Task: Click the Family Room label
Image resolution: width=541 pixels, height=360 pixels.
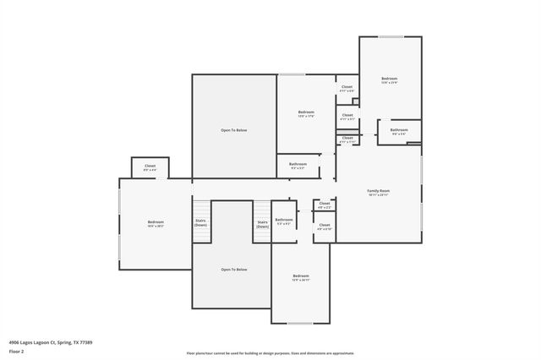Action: pyautogui.click(x=378, y=191)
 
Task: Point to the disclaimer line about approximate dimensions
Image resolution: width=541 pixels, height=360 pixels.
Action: pyautogui.click(x=270, y=352)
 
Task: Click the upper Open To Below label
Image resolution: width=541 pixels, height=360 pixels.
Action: pyautogui.click(x=234, y=130)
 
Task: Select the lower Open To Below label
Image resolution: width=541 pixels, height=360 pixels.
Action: pyautogui.click(x=234, y=270)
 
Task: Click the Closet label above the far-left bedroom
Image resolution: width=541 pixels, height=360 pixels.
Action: pyautogui.click(x=150, y=166)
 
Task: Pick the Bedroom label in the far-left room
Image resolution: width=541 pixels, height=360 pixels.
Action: pyautogui.click(x=155, y=222)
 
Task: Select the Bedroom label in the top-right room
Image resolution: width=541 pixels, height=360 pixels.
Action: pyautogui.click(x=389, y=79)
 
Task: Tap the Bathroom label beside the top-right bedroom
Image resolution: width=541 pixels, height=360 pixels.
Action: pyautogui.click(x=399, y=130)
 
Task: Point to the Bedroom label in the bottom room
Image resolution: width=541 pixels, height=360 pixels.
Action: pyautogui.click(x=301, y=276)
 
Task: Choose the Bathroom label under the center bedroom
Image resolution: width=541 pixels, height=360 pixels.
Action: pyautogui.click(x=298, y=164)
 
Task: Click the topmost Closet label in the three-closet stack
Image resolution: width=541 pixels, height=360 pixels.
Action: pyautogui.click(x=347, y=87)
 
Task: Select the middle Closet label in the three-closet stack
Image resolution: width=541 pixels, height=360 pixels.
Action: pyautogui.click(x=347, y=116)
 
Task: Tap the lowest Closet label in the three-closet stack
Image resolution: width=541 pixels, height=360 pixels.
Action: pyautogui.click(x=347, y=139)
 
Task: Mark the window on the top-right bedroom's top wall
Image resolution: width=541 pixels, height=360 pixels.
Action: pyautogui.click(x=391, y=37)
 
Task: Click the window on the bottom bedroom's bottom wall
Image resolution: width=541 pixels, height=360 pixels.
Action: pyautogui.click(x=300, y=323)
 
